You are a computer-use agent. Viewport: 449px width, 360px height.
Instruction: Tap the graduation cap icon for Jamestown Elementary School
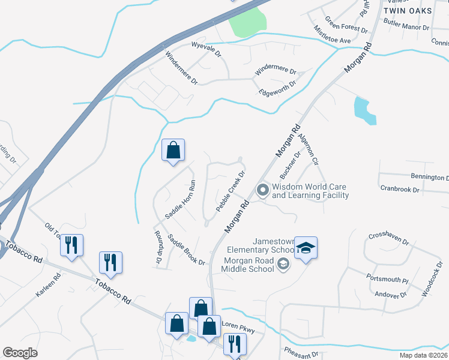pos(306,247)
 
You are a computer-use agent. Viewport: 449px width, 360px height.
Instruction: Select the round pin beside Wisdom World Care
pos(262,191)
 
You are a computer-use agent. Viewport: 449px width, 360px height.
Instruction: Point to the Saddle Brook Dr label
pos(186,250)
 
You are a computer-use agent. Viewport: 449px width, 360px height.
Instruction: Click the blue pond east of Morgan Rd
pos(364,110)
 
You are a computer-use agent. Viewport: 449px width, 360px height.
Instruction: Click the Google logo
pos(20,353)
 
